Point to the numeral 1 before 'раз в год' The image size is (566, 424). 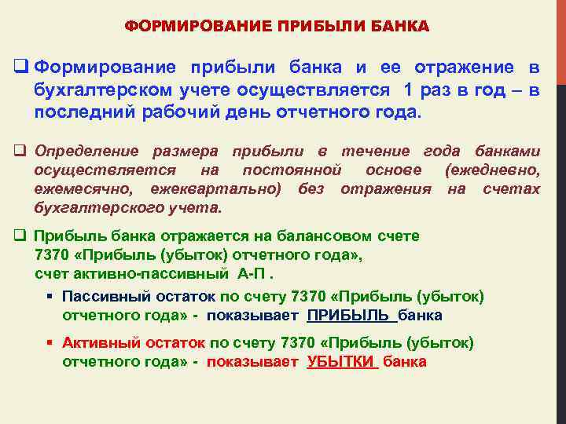407,90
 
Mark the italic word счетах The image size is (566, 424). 511,188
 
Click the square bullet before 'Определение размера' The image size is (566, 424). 21,151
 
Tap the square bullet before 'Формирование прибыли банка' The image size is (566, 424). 21,69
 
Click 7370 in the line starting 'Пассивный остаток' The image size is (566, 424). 307,297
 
